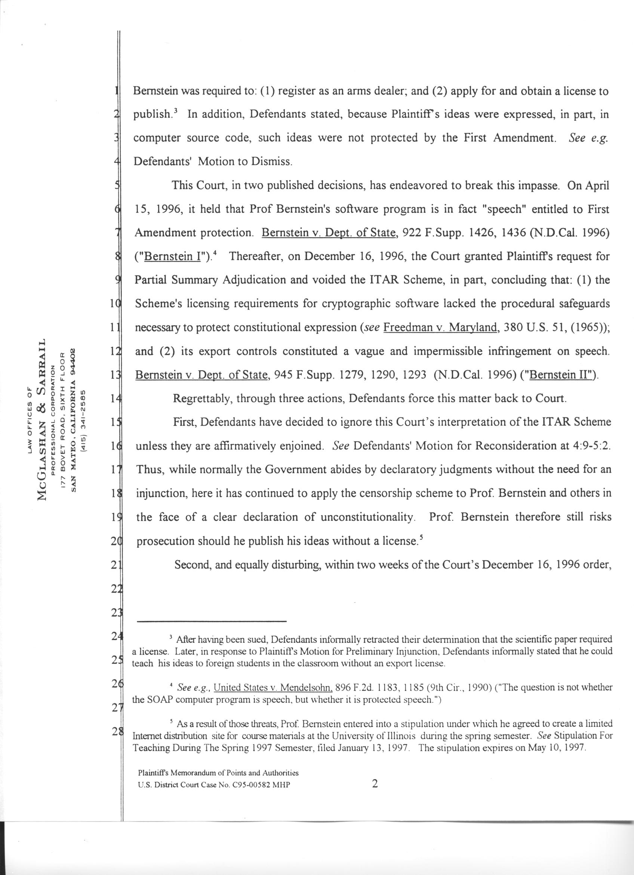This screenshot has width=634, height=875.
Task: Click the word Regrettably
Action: pyautogui.click(x=202, y=398)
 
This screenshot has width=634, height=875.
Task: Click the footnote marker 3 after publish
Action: pyautogui.click(x=175, y=111)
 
